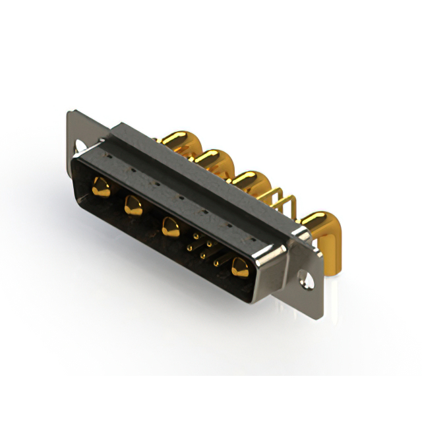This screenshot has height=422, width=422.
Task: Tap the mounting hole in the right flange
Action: (x=306, y=278)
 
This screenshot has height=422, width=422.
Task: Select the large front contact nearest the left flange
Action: (x=101, y=187)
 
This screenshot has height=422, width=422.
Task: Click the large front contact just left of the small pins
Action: (x=169, y=226)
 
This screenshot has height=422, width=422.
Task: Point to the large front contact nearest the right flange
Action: (x=239, y=266)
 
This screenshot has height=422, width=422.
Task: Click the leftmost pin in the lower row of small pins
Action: (x=189, y=248)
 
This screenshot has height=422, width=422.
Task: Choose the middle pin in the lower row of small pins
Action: (x=203, y=256)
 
